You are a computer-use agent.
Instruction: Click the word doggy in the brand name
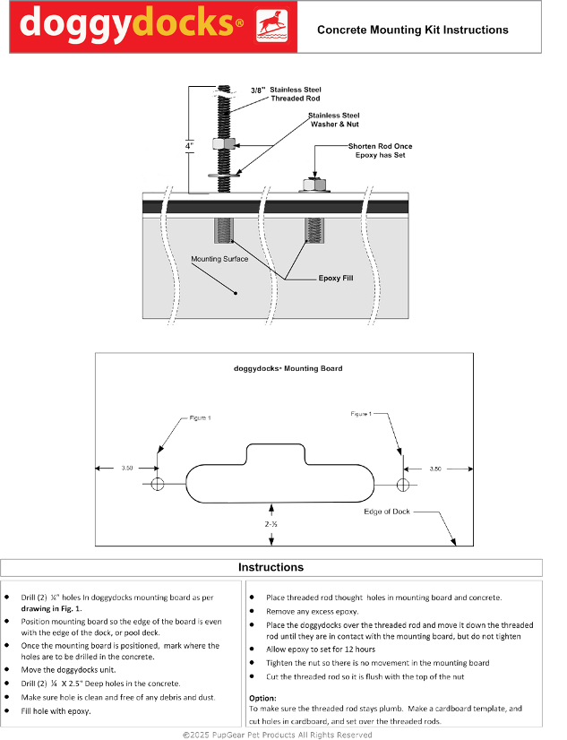pyautogui.click(x=74, y=24)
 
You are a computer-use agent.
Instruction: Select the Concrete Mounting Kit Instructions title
pyautogui.click(x=412, y=30)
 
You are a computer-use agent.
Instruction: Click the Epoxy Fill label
pyautogui.click(x=336, y=279)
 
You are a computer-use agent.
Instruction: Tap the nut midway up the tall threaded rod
pyautogui.click(x=221, y=143)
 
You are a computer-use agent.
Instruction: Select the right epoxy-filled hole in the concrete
pyautogui.click(x=313, y=231)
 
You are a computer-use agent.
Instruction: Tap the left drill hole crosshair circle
pyautogui.click(x=159, y=484)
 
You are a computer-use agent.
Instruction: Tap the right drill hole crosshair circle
pyautogui.click(x=403, y=484)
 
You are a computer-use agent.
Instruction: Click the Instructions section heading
pyautogui.click(x=271, y=567)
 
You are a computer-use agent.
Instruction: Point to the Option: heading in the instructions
pyautogui.click(x=262, y=697)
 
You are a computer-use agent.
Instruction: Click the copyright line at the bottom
pyautogui.click(x=278, y=734)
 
